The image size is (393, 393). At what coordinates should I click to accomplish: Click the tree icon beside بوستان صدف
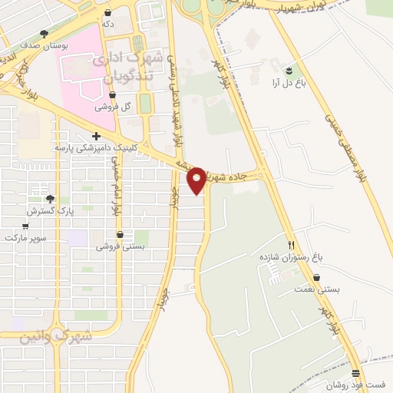pos(44,34)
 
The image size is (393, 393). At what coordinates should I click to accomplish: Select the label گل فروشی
pos(113,107)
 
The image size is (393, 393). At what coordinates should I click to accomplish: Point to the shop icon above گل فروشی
pos(113,95)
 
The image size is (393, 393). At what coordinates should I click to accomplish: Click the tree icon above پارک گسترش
pos(51,198)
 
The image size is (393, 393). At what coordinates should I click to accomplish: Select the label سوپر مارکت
pos(25,238)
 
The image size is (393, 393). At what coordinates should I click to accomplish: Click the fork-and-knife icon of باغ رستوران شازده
pos(291,246)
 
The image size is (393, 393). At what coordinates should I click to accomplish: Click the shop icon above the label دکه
pos(107,13)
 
